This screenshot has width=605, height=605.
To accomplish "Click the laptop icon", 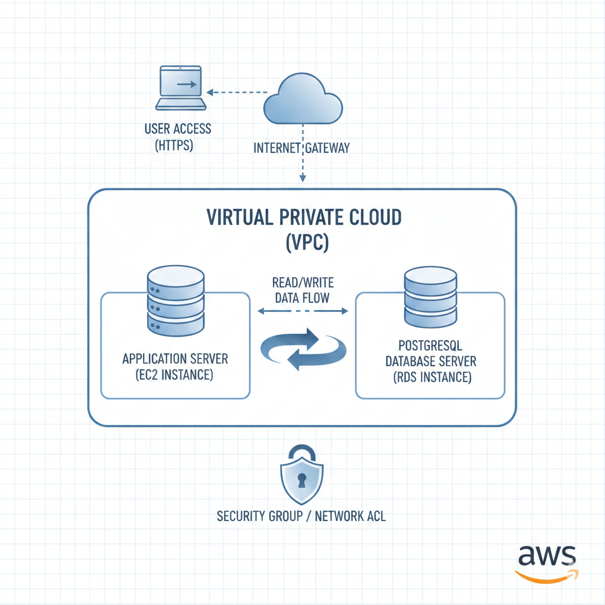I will coord(181,89).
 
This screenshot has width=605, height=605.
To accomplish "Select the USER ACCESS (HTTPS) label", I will coord(178,137).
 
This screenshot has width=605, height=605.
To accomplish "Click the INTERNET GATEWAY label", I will coord(301,148).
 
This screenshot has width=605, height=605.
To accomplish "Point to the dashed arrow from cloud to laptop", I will coord(239,92).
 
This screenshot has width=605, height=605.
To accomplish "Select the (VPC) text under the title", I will coord(304,242).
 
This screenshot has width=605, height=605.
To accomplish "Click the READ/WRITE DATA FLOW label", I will coord(302,290).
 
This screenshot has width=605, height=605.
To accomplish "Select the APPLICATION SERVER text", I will coord(175,359).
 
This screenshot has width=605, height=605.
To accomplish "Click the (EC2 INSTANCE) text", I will coord(175,375).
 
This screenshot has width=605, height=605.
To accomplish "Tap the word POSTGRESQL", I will coord(430,345).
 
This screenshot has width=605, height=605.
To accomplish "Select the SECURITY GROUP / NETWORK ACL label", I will coord(301,516).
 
